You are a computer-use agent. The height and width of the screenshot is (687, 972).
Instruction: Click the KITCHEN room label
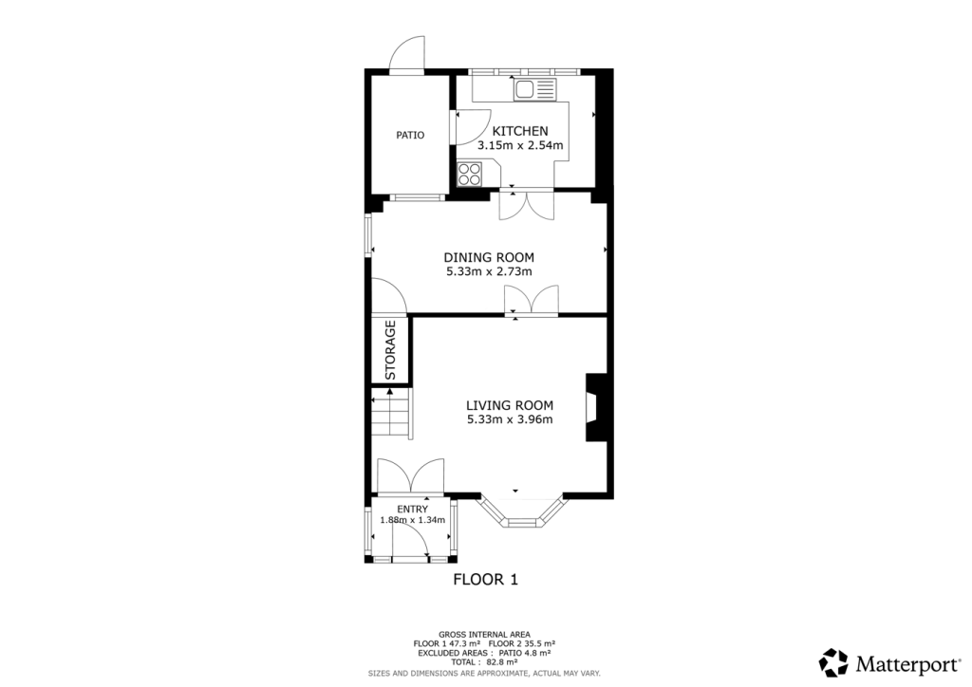(x=519, y=131)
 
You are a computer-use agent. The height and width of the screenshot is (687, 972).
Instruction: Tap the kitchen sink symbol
(x=534, y=90)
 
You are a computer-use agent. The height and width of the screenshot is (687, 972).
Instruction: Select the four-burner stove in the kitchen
(x=470, y=174)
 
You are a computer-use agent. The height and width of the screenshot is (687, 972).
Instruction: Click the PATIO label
(x=410, y=135)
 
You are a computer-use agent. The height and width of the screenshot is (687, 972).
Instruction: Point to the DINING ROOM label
(x=489, y=257)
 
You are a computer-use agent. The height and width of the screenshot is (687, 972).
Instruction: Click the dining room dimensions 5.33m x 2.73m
(x=489, y=272)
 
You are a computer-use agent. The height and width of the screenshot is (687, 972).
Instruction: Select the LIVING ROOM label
(x=510, y=405)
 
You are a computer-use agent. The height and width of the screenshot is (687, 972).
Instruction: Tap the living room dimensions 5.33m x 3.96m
(x=510, y=419)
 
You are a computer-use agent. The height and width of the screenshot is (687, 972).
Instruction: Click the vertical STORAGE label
(x=390, y=350)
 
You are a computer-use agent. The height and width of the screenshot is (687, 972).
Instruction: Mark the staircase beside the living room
(x=391, y=415)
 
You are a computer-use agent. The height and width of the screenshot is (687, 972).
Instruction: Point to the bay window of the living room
(x=521, y=513)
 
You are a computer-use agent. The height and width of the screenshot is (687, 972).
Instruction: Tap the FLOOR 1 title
(x=485, y=579)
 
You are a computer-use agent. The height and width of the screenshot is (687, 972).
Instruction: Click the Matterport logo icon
(x=833, y=661)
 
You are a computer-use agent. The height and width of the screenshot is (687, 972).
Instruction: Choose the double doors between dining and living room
(x=532, y=301)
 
